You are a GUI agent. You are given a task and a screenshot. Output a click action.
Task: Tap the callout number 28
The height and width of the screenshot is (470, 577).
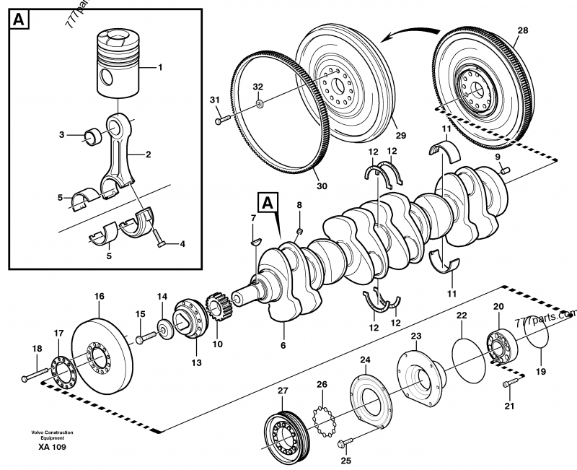coord(523,30)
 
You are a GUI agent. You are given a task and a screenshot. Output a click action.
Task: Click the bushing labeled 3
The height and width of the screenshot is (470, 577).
coord(93,134)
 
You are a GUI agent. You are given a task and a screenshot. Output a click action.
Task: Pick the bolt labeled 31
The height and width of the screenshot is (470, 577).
coord(221,121)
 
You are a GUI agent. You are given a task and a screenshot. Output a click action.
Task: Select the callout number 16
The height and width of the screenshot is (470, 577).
coord(99,296)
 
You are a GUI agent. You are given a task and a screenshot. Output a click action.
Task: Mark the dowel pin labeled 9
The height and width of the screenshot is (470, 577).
coord(503,170)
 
